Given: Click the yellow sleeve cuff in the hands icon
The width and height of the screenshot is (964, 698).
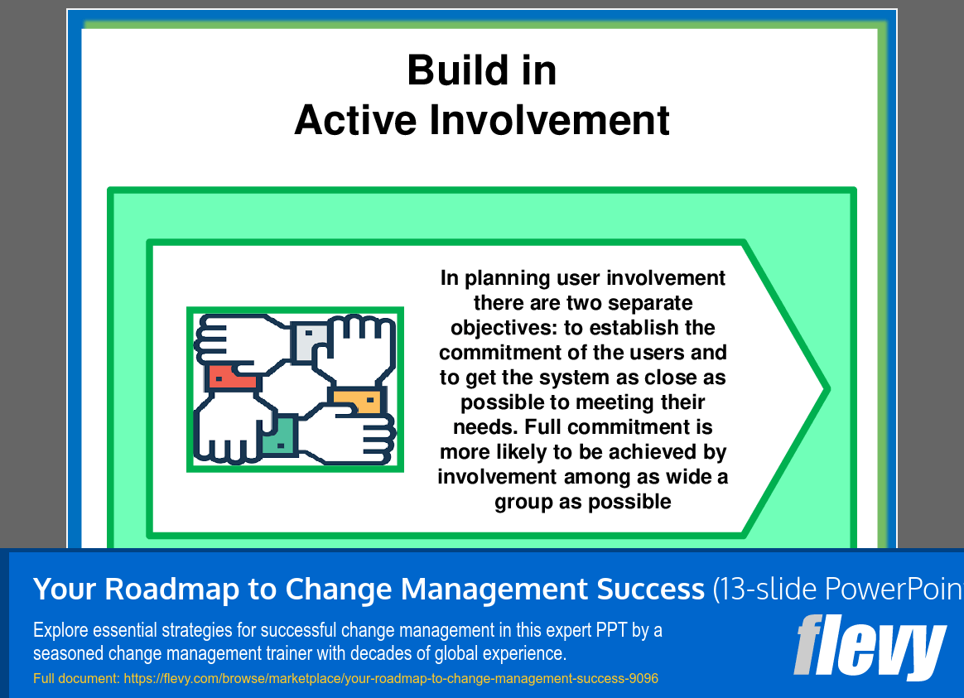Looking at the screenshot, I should tap(359, 402).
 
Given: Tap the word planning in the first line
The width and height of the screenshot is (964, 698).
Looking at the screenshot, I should tap(508, 278).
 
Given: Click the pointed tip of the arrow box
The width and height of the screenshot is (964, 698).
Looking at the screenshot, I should tap(825, 388).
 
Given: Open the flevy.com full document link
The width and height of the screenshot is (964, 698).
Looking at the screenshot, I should tap(390, 679).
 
